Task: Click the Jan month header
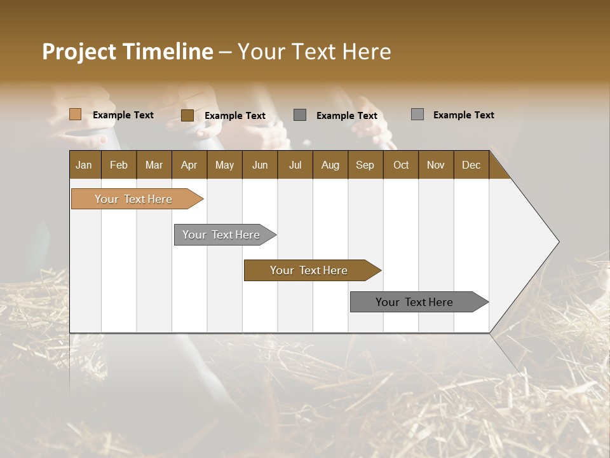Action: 84,165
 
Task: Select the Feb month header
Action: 119,165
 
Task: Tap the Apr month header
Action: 189,165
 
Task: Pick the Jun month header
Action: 260,165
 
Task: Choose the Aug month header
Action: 330,165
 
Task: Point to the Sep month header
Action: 365,165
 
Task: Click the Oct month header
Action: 401,165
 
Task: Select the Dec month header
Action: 471,165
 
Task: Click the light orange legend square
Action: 75,114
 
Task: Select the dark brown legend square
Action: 187,115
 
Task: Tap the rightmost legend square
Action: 417,114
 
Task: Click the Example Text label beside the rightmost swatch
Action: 463,115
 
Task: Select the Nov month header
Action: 435,165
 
